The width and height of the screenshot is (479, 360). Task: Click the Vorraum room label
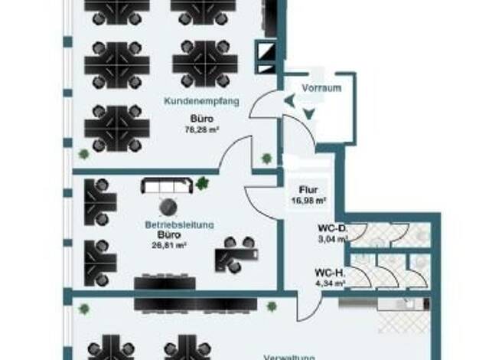(321, 87)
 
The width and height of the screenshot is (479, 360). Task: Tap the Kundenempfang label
(202, 100)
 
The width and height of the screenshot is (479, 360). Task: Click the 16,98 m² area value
(308, 201)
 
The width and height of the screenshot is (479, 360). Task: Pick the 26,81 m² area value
(169, 245)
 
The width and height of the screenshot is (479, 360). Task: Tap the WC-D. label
(333, 227)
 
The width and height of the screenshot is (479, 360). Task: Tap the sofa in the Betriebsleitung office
(167, 186)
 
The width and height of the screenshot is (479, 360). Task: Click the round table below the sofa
(167, 207)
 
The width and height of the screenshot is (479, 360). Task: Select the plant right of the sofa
(203, 183)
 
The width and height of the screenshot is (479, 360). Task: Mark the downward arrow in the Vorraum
(308, 113)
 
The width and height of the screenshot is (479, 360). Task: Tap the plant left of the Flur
(266, 159)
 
